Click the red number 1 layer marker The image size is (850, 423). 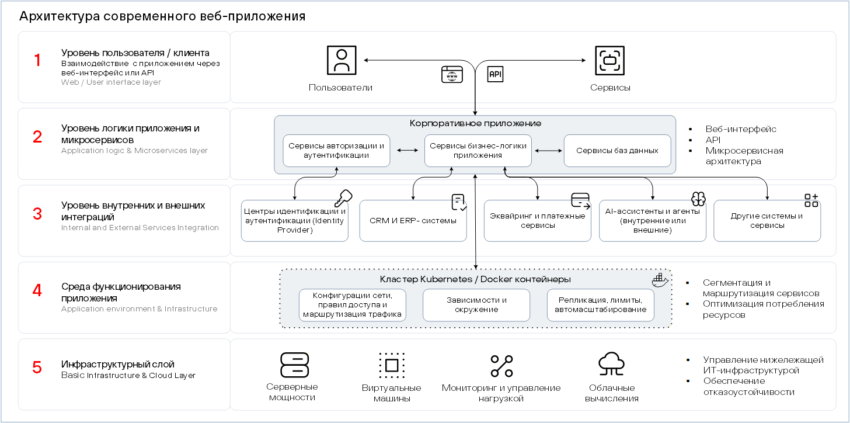[37, 60]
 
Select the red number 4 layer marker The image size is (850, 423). [37, 290]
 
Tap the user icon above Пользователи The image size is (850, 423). [342, 60]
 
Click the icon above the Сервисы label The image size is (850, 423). [610, 60]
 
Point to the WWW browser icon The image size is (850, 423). [452, 74]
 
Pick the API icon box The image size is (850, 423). [495, 74]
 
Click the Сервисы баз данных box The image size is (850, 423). [618, 151]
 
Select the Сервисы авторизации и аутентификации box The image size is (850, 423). [337, 151]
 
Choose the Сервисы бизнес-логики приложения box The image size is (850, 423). [478, 151]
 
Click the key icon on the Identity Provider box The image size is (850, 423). [343, 198]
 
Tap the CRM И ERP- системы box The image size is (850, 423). [413, 221]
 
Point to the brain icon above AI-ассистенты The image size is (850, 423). [698, 199]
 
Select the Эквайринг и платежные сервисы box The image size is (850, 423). [538, 221]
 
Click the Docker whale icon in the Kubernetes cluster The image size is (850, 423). [660, 280]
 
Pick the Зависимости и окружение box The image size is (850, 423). [476, 306]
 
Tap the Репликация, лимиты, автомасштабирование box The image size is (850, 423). [601, 306]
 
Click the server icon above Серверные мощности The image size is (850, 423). [294, 365]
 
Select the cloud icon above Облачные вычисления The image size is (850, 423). [611, 364]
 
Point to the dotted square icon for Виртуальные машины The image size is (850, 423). [392, 365]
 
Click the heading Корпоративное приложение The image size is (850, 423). [475, 123]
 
